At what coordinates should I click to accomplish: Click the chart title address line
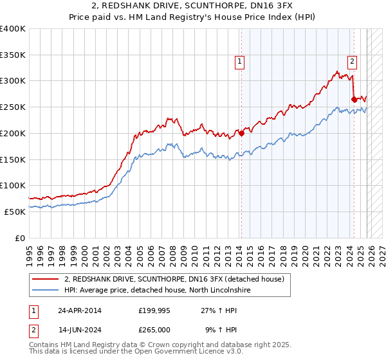coord(192,6)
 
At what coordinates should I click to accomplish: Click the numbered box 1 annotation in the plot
coord(239,62)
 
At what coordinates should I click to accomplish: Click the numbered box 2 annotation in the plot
coord(353,62)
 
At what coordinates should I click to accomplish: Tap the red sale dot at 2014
coord(241,133)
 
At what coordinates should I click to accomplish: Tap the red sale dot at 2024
coord(354,99)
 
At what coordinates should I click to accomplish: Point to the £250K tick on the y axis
coord(13,107)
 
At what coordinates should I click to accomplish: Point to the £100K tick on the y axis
coord(13,185)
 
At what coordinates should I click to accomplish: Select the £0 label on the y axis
coord(19,237)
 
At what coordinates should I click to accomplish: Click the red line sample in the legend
coord(46,279)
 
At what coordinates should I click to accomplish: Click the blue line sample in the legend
coord(46,290)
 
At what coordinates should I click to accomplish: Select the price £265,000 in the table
coord(154,329)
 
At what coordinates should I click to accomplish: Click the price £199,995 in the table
coord(154,310)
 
